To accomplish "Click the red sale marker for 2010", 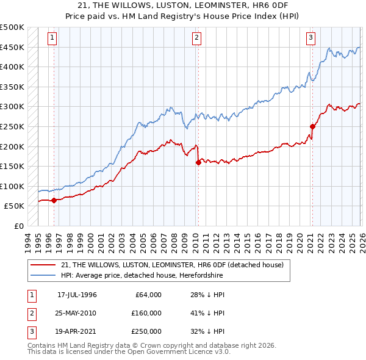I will pyautogui.click(x=198, y=162).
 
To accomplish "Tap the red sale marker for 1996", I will pyautogui.click(x=54, y=200).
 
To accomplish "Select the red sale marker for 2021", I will pyautogui.click(x=312, y=127).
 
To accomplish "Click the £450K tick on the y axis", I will pyautogui.click(x=12, y=47).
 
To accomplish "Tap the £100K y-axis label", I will pyautogui.click(x=12, y=186).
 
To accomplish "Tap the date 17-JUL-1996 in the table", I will pyautogui.click(x=77, y=295).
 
